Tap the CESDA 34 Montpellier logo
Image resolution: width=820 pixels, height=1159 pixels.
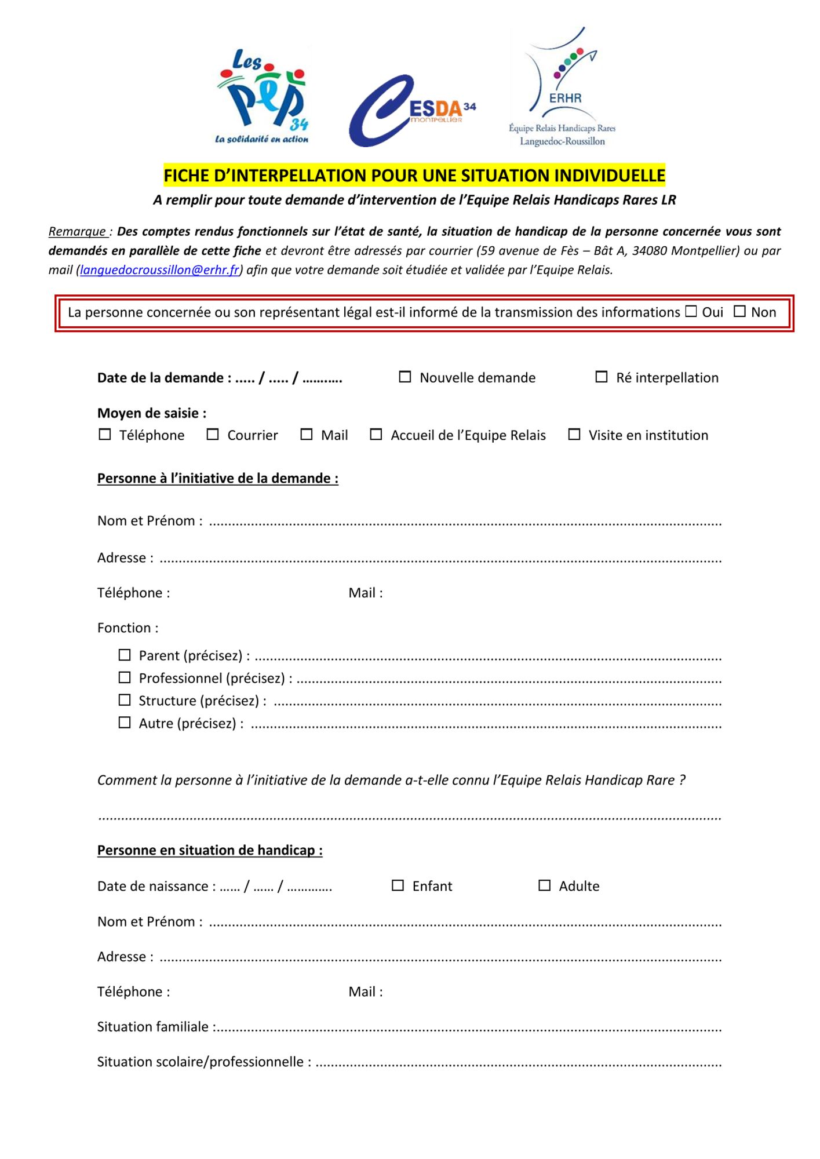(411, 110)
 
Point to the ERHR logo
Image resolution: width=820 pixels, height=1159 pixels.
(562, 87)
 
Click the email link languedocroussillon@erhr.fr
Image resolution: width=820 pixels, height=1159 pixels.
(159, 270)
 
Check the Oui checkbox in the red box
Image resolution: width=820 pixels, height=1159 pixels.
(691, 312)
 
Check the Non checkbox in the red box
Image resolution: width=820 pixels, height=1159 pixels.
(739, 312)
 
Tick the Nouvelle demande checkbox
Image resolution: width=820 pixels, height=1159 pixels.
(405, 377)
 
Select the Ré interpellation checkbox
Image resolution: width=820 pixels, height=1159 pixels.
(602, 377)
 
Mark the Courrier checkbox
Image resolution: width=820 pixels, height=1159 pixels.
(213, 435)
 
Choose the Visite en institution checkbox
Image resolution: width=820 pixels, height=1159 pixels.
(574, 435)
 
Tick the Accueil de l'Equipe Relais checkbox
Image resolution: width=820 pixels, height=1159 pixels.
(376, 435)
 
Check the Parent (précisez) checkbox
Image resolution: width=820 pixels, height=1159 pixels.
(125, 655)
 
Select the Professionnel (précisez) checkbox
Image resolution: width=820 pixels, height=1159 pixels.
(125, 677)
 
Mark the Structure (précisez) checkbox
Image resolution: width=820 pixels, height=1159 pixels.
(125, 700)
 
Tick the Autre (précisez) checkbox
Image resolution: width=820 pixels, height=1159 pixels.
(125, 723)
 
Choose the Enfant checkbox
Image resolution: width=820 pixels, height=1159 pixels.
(398, 885)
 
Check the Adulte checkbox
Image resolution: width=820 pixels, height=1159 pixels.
(545, 885)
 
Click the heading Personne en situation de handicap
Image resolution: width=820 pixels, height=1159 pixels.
(210, 850)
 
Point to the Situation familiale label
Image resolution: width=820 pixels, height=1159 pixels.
(153, 1027)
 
